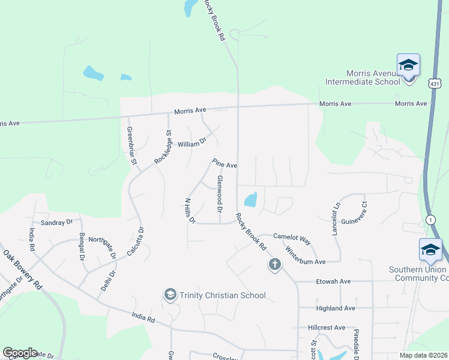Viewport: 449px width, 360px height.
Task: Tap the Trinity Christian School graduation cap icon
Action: pyautogui.click(x=170, y=295)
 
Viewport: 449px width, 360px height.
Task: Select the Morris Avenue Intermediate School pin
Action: pyautogui.click(x=408, y=66)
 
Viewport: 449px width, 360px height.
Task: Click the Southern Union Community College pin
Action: pyautogui.click(x=430, y=250)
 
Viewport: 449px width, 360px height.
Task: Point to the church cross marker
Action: pyautogui.click(x=275, y=264)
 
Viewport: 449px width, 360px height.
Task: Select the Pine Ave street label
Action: pyautogui.click(x=225, y=163)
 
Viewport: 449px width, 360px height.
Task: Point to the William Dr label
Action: pyautogui.click(x=191, y=144)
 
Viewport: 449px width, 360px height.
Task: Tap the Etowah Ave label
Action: pyautogui.click(x=333, y=281)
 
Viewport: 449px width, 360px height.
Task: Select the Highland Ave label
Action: pyautogui.click(x=336, y=308)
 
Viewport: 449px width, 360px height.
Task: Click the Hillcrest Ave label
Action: pyautogui.click(x=327, y=328)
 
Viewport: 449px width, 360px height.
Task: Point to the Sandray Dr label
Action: pyautogui.click(x=57, y=221)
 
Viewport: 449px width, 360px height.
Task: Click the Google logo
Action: pyautogui.click(x=20, y=353)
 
